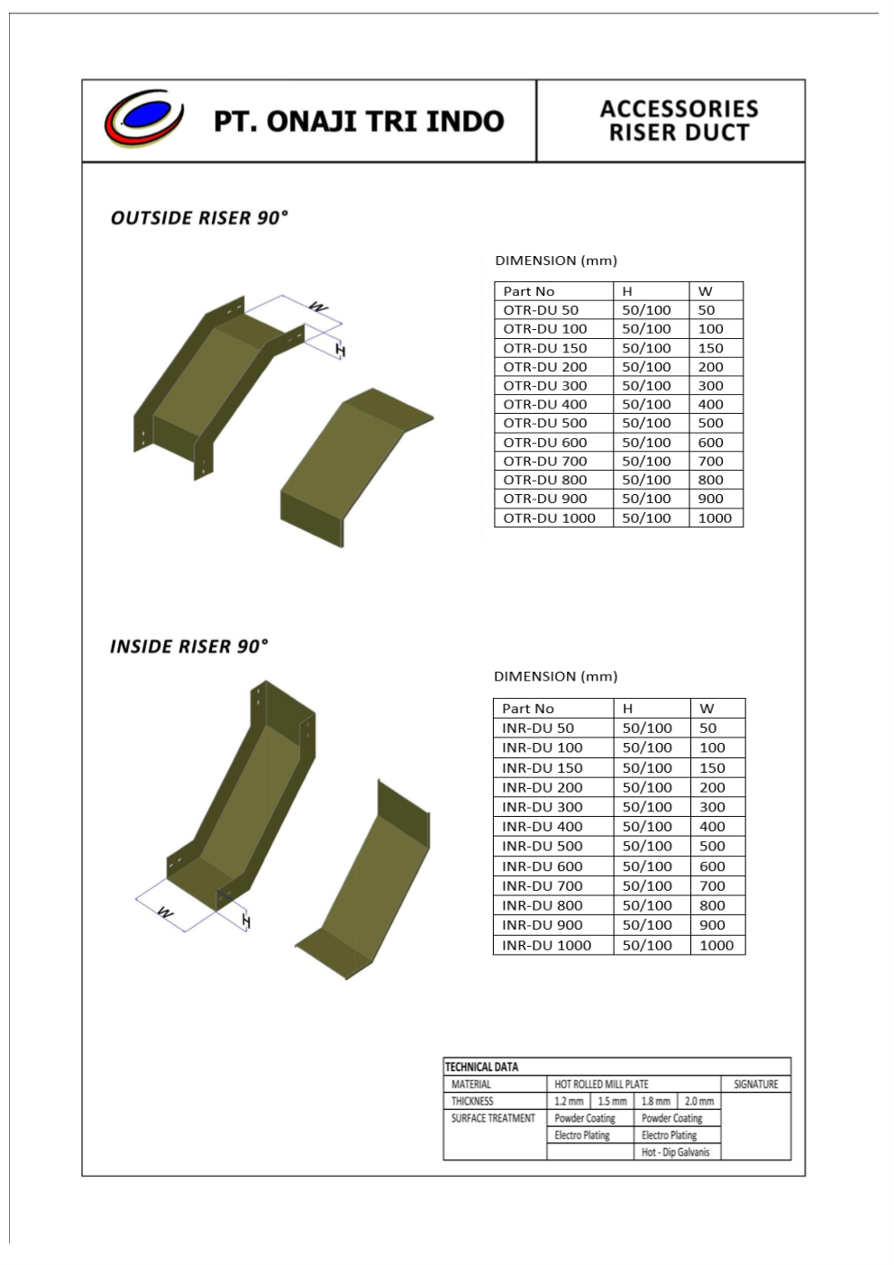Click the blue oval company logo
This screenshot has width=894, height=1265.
point(144,118)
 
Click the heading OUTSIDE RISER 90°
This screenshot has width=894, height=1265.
point(199,218)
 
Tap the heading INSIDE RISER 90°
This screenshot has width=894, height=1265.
point(189,646)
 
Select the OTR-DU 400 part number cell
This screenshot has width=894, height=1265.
point(544,404)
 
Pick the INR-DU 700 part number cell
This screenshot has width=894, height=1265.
point(543,885)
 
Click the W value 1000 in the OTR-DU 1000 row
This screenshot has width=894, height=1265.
point(715,518)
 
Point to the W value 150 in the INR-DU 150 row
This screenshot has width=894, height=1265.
point(712,767)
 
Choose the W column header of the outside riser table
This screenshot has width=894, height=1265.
point(706,291)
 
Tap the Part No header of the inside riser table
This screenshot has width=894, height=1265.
point(528,709)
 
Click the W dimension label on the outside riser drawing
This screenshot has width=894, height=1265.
point(318,307)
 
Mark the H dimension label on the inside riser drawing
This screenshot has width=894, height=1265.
point(246,921)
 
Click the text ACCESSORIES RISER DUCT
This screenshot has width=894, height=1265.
point(679,121)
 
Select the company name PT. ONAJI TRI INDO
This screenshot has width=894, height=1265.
point(359,121)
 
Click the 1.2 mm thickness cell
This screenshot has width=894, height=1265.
point(569,1101)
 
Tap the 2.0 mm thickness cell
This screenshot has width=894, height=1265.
point(699,1101)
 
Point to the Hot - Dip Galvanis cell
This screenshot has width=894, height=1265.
point(675,1152)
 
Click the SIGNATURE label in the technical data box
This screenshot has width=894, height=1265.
point(755,1084)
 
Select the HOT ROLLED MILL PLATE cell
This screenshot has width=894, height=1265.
point(601,1084)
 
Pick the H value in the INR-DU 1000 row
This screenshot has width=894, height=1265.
point(647,945)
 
